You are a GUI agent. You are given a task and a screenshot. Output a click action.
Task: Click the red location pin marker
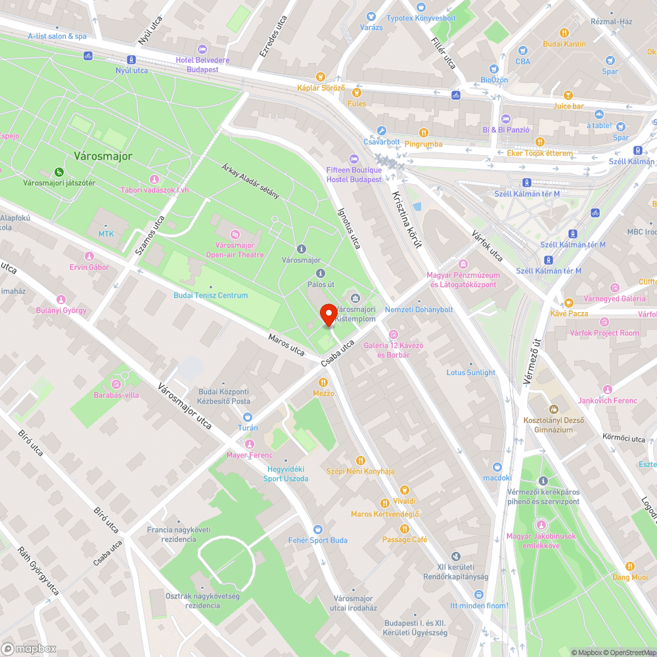click(328, 315)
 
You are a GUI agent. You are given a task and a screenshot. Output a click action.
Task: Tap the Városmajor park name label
click(102, 156)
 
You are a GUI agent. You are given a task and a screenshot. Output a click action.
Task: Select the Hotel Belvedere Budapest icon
click(202, 49)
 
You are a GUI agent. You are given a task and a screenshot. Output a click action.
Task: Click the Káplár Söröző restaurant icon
click(321, 77)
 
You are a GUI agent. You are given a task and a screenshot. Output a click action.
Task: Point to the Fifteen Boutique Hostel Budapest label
click(354, 173)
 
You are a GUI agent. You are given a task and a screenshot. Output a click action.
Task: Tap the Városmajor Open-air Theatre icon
click(235, 234)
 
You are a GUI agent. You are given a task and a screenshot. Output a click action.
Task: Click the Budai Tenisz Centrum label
click(211, 295)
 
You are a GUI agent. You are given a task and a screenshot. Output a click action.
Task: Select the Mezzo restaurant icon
click(323, 382)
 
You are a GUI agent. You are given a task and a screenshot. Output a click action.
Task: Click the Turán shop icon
click(248, 417)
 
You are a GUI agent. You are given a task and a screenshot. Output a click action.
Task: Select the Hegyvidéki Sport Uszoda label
click(286, 474)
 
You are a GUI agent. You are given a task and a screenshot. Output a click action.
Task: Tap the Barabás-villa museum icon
click(116, 384)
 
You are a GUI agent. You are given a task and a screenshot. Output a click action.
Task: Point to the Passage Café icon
click(405, 528)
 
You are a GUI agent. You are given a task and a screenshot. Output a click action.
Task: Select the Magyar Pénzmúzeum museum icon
click(463, 264)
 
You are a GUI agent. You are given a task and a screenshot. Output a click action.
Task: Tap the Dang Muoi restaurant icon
click(630, 566)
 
